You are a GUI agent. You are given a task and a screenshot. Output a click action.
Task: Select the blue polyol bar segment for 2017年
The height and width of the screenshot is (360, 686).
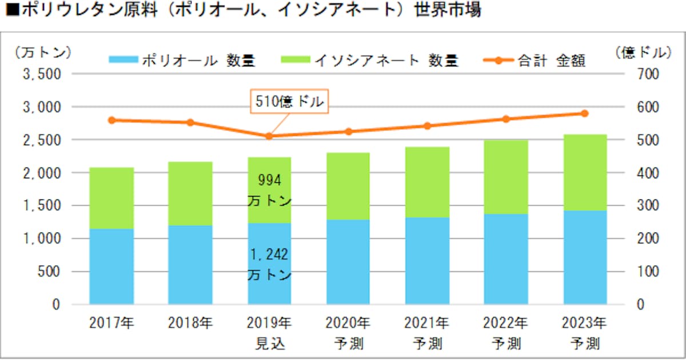(x=111, y=266)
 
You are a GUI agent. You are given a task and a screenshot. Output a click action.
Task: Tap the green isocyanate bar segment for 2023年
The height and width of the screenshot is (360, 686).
(x=585, y=173)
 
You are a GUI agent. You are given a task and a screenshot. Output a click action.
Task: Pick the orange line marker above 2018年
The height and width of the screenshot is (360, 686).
(x=190, y=122)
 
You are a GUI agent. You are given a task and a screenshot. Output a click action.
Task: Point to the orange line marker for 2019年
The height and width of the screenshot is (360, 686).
(x=269, y=136)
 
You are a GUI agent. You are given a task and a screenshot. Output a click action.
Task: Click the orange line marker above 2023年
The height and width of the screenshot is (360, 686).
(x=585, y=113)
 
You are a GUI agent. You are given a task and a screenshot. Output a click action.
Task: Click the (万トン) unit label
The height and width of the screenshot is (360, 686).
(x=43, y=52)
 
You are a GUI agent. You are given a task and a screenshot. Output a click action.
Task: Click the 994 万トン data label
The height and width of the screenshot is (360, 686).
(x=270, y=191)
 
